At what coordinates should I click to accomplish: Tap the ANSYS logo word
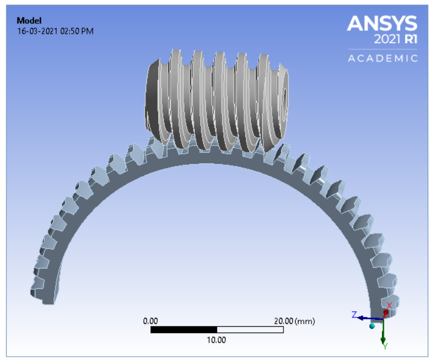point(382,24)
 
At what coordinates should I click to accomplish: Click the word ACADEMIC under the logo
point(383,58)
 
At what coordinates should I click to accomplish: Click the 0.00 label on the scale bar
point(150,321)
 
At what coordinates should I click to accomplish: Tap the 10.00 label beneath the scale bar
point(217,340)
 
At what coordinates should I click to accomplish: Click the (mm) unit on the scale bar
point(305,321)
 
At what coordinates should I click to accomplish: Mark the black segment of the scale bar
point(184,330)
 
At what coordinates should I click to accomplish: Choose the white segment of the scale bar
point(250,330)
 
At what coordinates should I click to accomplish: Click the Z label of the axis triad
point(354,315)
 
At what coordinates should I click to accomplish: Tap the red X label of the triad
point(388,306)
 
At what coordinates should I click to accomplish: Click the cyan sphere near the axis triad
point(372,326)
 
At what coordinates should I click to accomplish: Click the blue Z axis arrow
point(368,318)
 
